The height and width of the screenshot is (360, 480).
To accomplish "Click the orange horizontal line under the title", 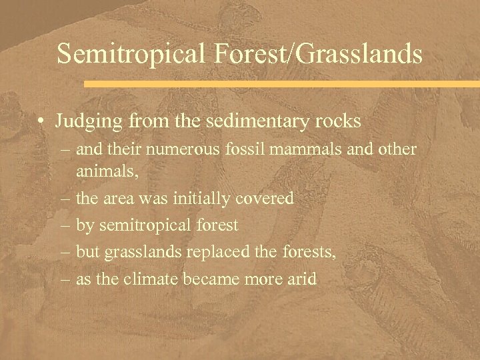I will click(281, 85).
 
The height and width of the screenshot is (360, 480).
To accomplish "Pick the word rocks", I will click(337, 121).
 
